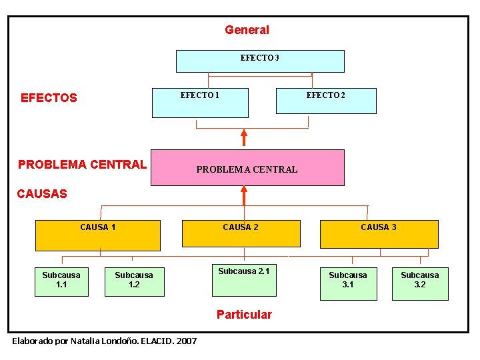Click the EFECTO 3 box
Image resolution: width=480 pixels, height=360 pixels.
point(260,61)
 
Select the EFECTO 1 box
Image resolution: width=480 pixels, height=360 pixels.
point(200,102)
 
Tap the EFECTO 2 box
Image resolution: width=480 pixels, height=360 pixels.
point(326,101)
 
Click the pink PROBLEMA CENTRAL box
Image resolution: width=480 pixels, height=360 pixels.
point(247,167)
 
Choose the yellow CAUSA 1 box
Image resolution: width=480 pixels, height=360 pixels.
point(98,235)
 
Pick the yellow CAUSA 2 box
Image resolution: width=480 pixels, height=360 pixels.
point(241,235)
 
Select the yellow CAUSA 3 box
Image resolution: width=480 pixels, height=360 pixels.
point(379,235)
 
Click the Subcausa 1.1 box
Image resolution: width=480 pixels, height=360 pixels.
point(61,281)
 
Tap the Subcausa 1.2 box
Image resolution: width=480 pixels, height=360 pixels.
point(134,281)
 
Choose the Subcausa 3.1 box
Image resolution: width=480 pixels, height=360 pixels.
point(348,283)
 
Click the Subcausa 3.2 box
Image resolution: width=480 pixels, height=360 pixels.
point(420,283)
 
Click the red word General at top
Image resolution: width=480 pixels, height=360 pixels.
point(247,30)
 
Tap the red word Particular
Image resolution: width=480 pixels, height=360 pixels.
point(244,315)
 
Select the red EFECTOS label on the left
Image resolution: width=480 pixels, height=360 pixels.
point(49,98)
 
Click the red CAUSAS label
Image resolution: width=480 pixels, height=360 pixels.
point(42,194)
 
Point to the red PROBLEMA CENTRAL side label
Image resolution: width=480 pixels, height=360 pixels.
point(82,164)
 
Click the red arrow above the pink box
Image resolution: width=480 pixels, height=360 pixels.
point(244,137)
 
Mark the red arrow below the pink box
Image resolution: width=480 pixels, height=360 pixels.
point(244,195)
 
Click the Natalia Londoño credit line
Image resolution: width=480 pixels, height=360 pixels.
point(105,341)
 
